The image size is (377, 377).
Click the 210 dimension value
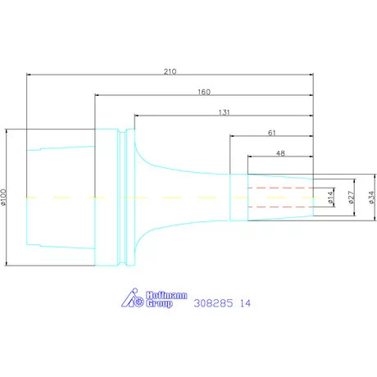[170, 71]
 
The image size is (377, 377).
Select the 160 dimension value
[204, 92]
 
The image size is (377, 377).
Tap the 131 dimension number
[224, 112]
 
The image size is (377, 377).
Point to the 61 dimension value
[272, 133]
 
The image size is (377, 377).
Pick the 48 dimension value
[280, 153]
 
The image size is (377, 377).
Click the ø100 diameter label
[3, 197]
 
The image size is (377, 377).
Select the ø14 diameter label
[331, 198]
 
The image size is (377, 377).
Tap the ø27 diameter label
[352, 198]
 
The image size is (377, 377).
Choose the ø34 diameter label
[371, 198]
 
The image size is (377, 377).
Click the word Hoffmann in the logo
[166, 295]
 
